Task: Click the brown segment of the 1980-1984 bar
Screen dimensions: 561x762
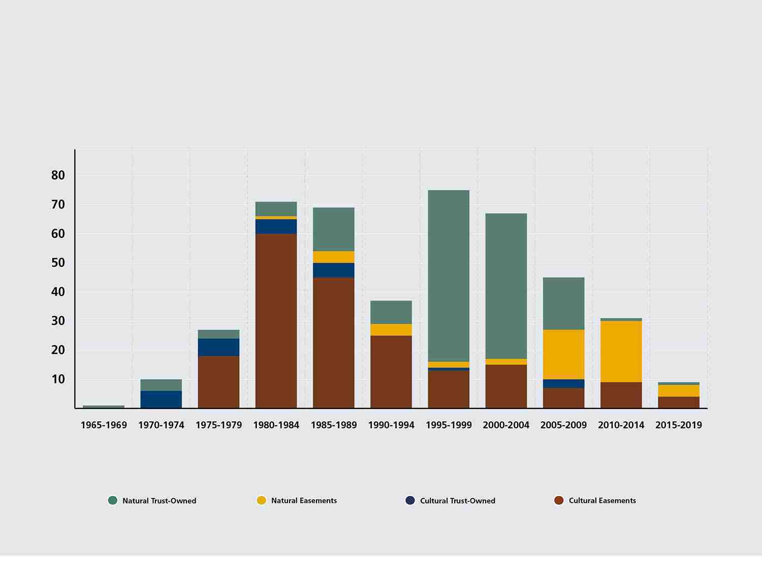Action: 276,320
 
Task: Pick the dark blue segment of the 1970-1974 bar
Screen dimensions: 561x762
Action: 161,399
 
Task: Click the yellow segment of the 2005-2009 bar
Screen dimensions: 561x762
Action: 563,354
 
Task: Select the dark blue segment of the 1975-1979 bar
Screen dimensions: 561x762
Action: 218,347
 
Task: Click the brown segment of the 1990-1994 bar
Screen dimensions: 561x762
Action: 391,371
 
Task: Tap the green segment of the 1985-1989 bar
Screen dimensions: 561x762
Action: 333,229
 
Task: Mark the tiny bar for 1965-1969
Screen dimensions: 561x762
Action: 104,407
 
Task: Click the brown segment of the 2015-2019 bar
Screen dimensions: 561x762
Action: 678,402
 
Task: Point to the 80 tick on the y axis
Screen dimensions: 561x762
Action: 58,175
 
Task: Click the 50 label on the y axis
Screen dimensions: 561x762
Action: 58,263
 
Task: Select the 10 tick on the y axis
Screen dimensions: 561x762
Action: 58,379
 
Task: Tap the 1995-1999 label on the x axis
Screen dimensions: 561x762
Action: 449,425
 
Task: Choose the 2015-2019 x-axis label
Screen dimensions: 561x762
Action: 678,425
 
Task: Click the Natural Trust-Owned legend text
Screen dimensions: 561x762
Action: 159,501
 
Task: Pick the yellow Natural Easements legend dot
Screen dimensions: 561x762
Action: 261,501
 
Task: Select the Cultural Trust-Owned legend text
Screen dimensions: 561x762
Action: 457,501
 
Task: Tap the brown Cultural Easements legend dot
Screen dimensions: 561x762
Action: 559,501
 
